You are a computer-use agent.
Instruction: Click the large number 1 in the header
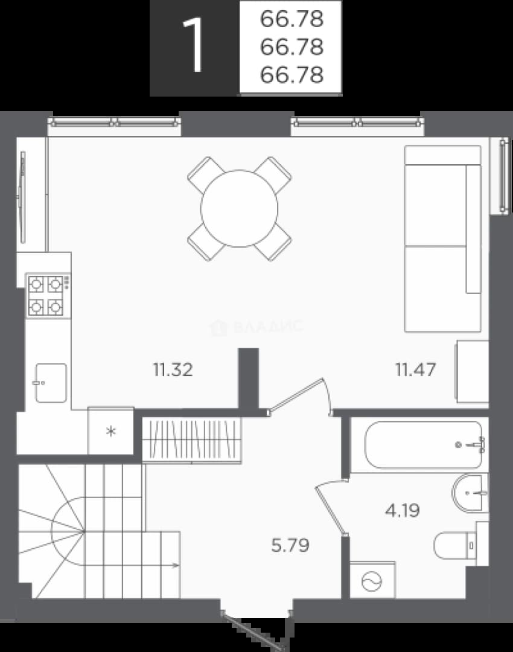coord(194,46)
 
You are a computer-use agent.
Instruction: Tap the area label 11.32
coord(173,369)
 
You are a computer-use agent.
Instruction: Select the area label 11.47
coord(415,369)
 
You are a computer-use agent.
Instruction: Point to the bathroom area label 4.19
coord(402,510)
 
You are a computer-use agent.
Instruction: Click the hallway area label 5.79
coord(290,545)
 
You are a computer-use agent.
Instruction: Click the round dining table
coord(239,208)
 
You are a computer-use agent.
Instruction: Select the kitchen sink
coord(51,383)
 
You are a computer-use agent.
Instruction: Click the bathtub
coord(424,445)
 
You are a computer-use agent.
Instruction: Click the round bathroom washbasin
coord(468,493)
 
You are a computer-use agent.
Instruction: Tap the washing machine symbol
coord(372,580)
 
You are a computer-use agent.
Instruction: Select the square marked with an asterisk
coord(110,431)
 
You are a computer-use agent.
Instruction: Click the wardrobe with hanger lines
coord(192,439)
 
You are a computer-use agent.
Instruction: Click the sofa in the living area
coord(443,238)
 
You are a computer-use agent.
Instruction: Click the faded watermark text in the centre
coord(258,327)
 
